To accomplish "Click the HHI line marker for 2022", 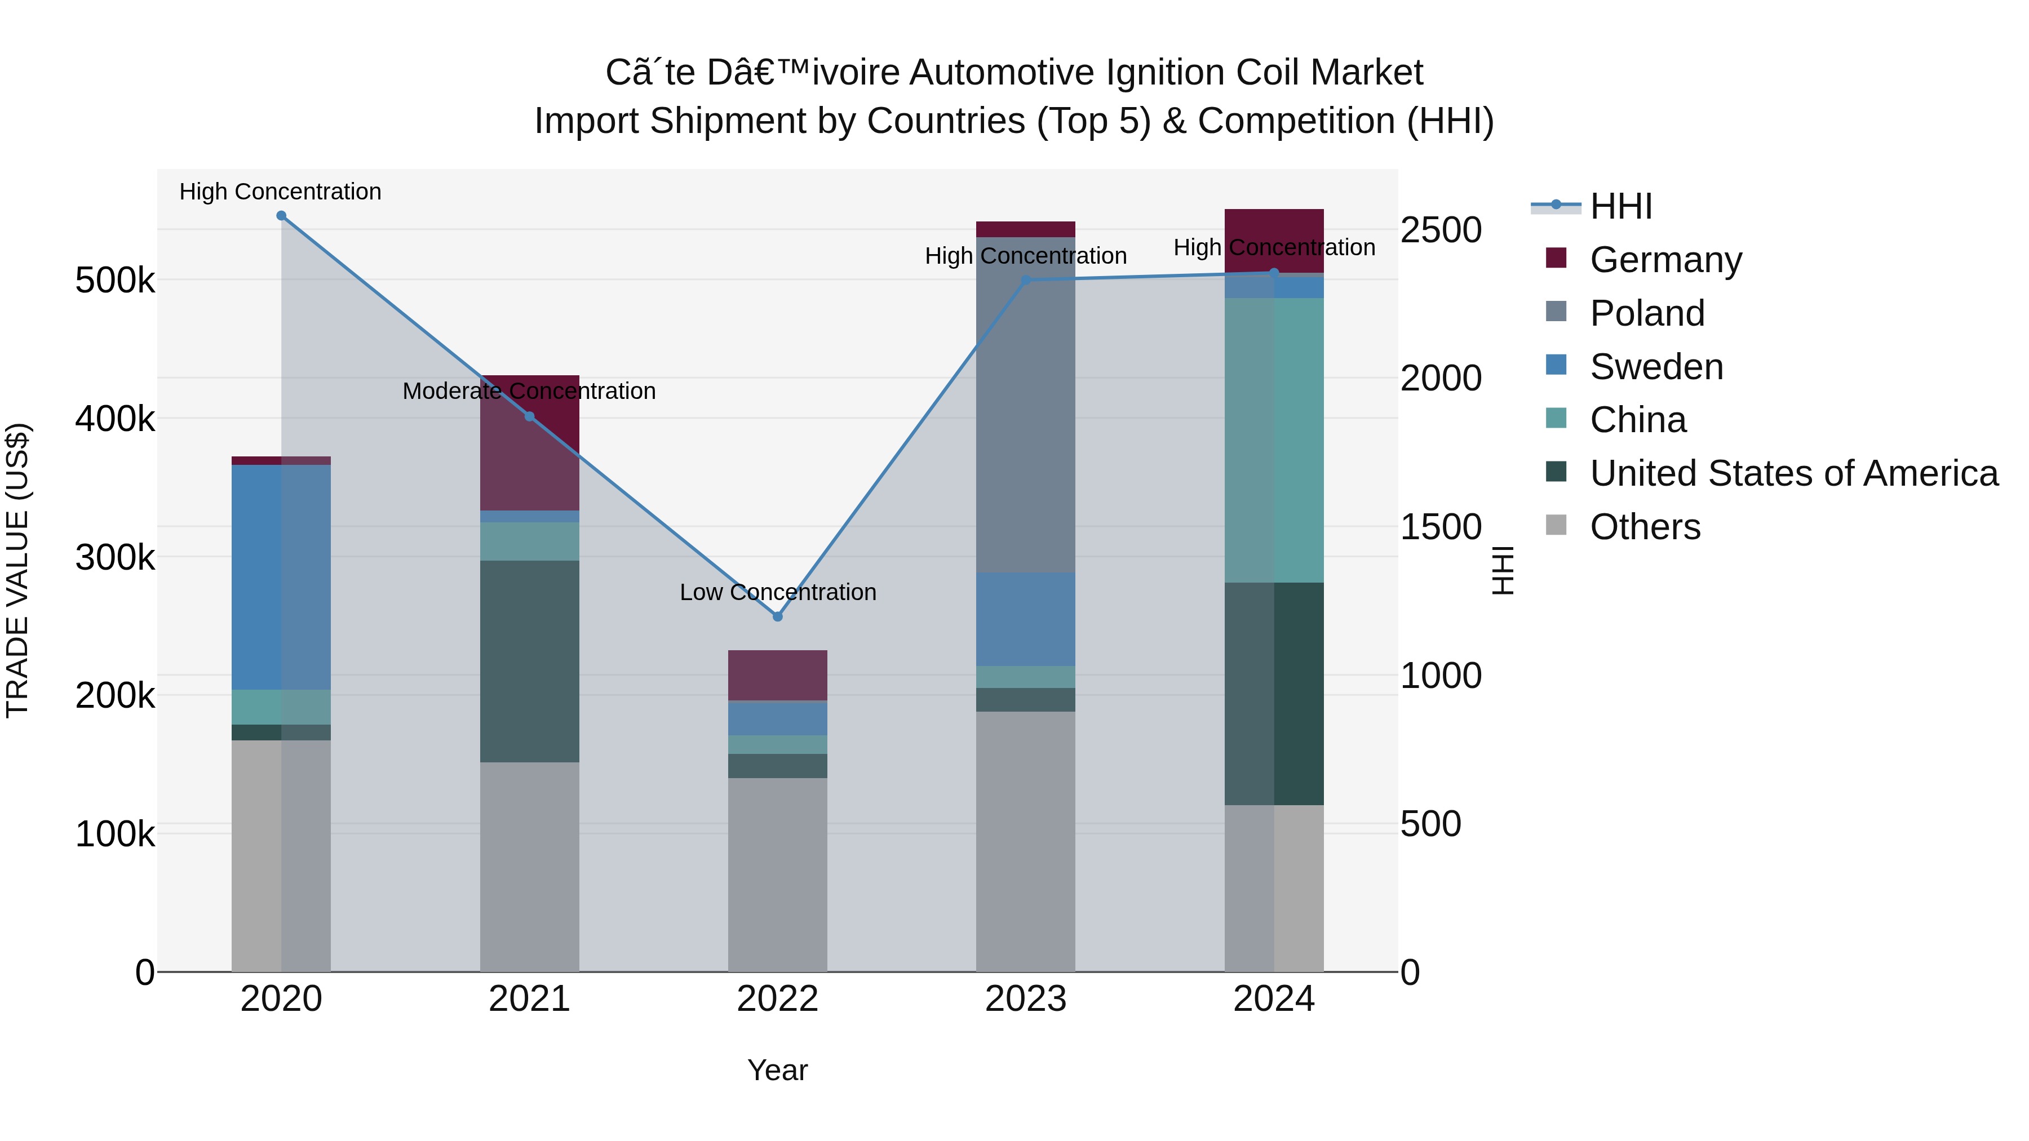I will tap(777, 616).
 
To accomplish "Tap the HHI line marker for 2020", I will tap(281, 216).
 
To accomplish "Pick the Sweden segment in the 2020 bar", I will tap(281, 577).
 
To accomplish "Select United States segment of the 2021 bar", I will tap(529, 661).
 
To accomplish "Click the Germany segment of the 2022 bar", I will tap(777, 675).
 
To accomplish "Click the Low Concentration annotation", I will tap(777, 592).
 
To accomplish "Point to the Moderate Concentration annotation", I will tap(529, 392).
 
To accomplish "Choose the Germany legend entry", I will tap(1665, 260).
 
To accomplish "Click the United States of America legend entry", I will tap(1793, 473).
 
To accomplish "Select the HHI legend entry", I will tap(1621, 206).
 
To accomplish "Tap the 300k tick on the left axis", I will tap(115, 557).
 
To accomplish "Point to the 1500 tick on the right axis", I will tap(1441, 527).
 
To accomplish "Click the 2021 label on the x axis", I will tap(529, 999).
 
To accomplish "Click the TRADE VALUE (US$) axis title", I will tap(17, 570).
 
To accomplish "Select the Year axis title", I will tap(777, 1070).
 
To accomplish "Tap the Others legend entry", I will tap(1645, 527).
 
